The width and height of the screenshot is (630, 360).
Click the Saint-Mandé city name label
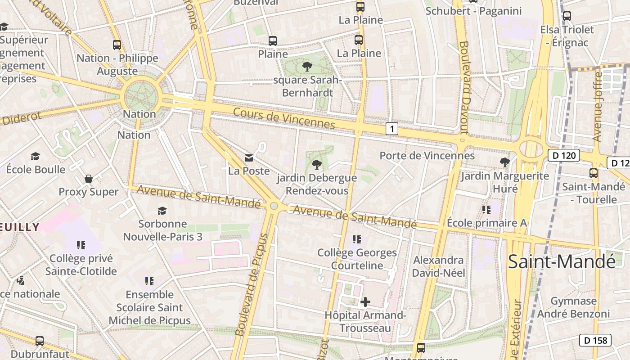point(562,261)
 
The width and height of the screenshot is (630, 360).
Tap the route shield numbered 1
point(392,129)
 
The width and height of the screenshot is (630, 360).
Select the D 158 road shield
point(595,340)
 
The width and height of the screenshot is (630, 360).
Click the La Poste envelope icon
point(248,157)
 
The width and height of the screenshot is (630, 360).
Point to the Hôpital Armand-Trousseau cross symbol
point(365,301)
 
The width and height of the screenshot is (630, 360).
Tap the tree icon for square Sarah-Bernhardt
point(307,67)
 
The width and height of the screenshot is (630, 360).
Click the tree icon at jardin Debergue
point(317,164)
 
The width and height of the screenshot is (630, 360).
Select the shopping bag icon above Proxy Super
point(89,179)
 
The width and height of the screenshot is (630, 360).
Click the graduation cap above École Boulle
point(36,156)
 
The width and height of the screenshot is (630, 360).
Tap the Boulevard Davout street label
point(464,88)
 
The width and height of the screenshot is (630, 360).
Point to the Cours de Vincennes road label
point(284,117)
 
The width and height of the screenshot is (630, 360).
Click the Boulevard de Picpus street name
point(252,284)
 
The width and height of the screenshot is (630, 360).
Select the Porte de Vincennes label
point(427,156)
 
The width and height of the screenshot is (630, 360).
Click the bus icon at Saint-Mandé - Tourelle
point(594,173)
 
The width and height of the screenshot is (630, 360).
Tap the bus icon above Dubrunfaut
point(40,341)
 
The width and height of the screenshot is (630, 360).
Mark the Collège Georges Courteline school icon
point(357,239)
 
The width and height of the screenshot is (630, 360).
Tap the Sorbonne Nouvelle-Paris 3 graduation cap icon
point(162,211)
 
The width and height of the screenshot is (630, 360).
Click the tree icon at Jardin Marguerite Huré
point(504,162)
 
